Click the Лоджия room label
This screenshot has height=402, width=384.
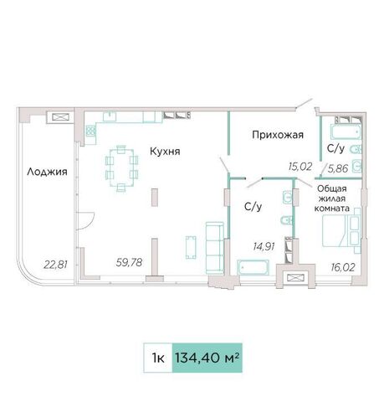point(47,172)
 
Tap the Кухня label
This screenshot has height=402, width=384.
point(165,152)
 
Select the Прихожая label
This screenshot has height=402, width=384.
point(278,135)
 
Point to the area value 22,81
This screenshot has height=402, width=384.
point(55,264)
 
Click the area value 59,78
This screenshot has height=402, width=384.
point(129,262)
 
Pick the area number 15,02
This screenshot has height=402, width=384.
point(300,167)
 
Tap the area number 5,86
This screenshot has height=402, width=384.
point(338,168)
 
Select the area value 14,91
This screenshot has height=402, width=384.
point(264,246)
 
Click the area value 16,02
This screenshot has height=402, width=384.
point(343,267)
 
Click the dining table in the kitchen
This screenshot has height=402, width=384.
point(121,167)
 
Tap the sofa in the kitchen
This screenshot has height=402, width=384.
point(215,247)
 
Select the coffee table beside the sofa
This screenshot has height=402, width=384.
point(191,247)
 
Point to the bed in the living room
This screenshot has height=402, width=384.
point(341,230)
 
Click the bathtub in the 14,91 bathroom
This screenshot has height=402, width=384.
point(253,267)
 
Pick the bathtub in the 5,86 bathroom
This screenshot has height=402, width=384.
point(346,131)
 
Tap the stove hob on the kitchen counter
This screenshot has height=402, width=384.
point(90,131)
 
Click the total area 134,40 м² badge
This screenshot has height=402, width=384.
point(207,358)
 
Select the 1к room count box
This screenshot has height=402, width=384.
point(158,358)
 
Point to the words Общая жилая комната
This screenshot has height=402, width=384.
point(332,198)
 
